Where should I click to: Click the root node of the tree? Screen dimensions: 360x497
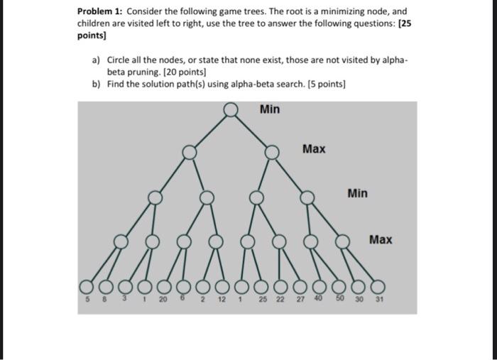[230, 109]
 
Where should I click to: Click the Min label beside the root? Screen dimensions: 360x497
[270, 109]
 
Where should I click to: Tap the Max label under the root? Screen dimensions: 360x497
[314, 149]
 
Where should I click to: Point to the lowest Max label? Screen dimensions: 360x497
[381, 239]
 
